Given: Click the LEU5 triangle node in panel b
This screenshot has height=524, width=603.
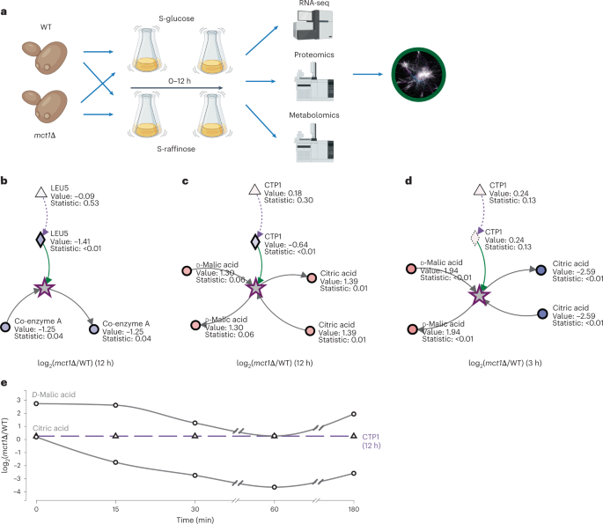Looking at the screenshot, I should tap(40, 192).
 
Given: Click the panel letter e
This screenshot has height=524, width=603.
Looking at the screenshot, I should tap(6, 382).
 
